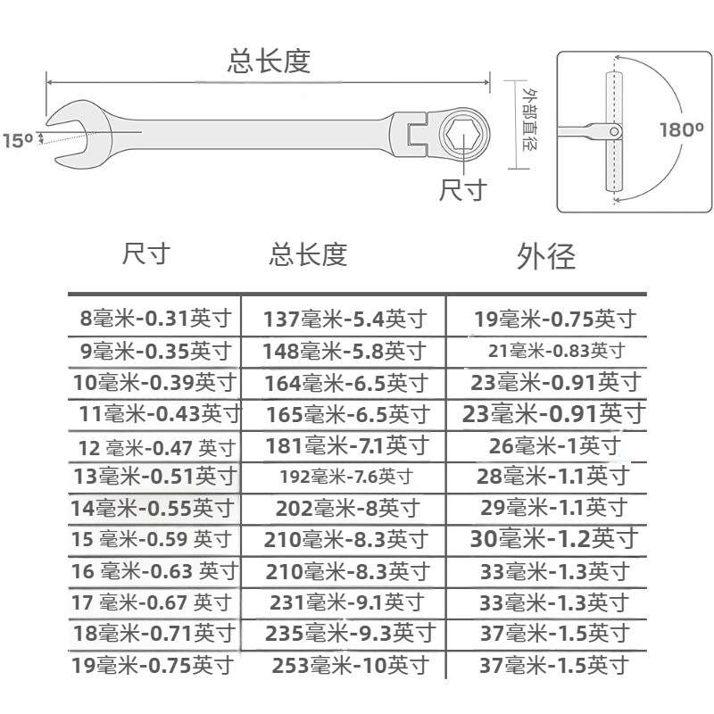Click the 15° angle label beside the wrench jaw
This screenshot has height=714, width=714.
click(17, 140)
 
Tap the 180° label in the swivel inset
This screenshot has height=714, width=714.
click(681, 129)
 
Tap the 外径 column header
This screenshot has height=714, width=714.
click(546, 256)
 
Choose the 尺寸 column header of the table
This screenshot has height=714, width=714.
click(145, 253)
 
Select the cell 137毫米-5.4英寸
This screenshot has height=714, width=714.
click(345, 319)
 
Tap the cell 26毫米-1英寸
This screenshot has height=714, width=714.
click(553, 444)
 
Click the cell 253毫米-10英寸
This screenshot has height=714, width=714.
click(345, 665)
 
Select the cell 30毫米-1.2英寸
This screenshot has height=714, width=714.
click(554, 538)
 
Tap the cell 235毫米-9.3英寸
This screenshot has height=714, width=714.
click(351, 634)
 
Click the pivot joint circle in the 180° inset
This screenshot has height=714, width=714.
click(615, 131)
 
